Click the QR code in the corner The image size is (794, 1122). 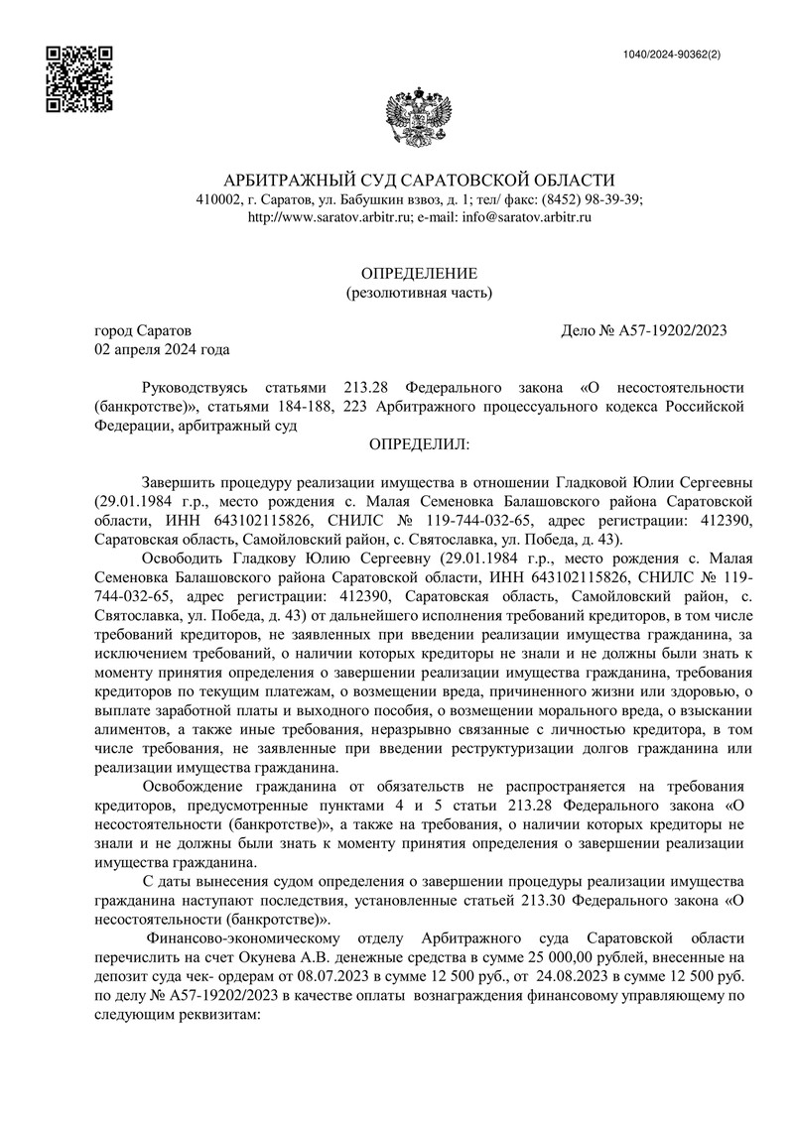pos(80,79)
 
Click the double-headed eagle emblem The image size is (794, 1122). pos(418,118)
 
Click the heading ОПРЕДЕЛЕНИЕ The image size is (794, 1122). pos(418,273)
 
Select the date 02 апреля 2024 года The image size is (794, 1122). pos(162,349)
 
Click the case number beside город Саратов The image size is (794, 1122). pos(645,330)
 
